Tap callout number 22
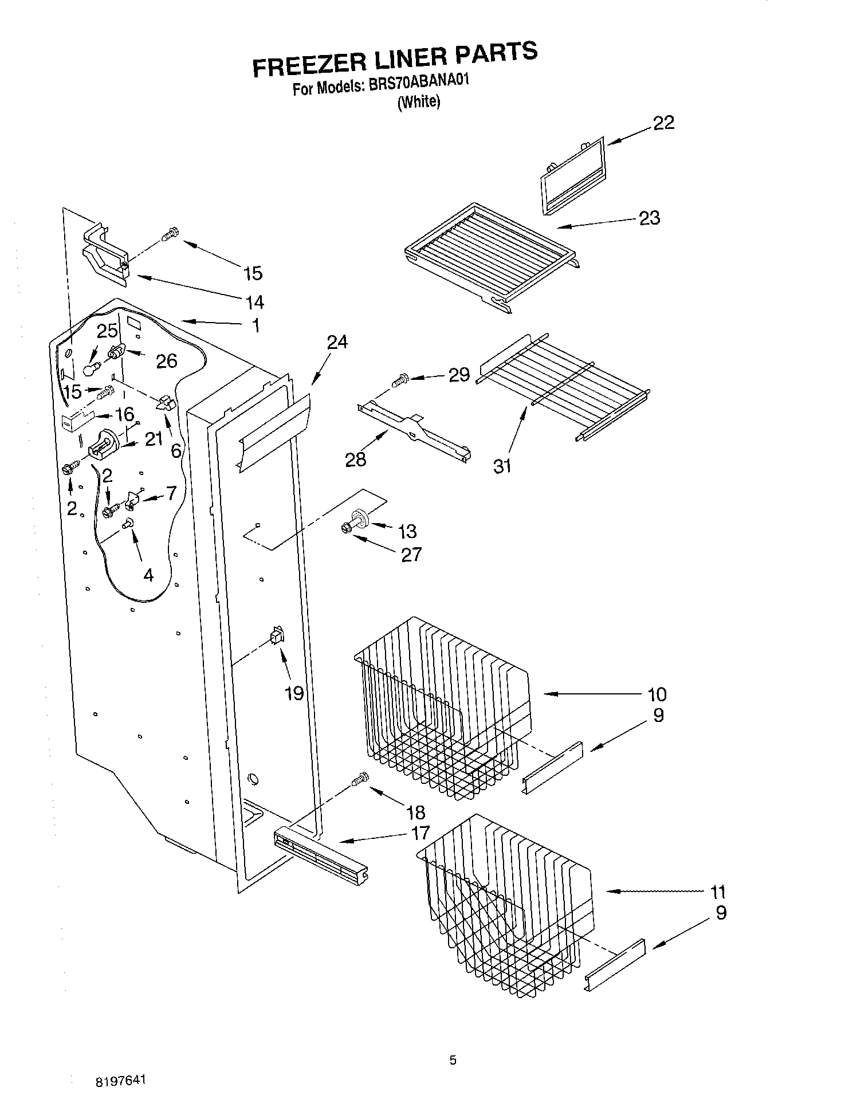[x=663, y=123]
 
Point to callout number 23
[x=649, y=218]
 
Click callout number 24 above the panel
[x=337, y=343]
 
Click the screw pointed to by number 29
[x=400, y=379]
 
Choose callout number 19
[x=294, y=694]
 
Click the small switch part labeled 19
[x=277, y=636]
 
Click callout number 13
[x=407, y=532]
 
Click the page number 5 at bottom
[x=453, y=1061]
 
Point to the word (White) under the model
[x=419, y=102]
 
